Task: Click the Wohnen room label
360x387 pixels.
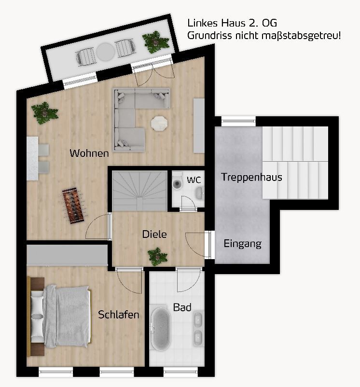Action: (x=89, y=153)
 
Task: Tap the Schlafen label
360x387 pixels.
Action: (x=119, y=315)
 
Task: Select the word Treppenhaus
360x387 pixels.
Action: (x=251, y=177)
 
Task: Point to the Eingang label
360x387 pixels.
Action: (x=243, y=244)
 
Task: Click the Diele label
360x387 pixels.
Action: (x=154, y=235)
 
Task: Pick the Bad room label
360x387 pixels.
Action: (x=182, y=307)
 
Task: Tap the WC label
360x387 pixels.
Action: (x=194, y=180)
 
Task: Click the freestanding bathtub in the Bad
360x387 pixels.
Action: (x=160, y=329)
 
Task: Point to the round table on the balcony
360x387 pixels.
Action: (x=105, y=50)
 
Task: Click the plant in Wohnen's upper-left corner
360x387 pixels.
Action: (x=44, y=112)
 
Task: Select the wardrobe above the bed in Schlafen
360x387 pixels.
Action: (x=67, y=254)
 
